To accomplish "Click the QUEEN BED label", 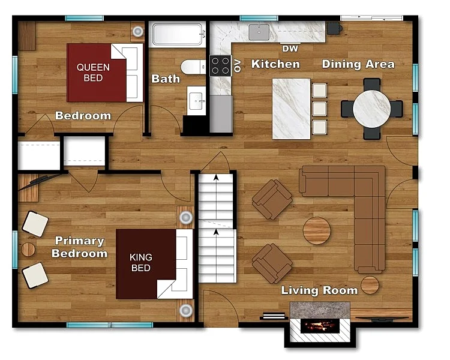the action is (93, 73).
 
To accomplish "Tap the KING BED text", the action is (140, 262).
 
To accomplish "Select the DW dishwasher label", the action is (290, 49).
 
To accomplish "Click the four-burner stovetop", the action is (220, 65).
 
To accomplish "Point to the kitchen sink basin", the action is (259, 32).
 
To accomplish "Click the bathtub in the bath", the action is (178, 34).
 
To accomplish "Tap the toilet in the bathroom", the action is (193, 67).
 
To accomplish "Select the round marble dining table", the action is (371, 109).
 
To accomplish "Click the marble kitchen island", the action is (291, 109).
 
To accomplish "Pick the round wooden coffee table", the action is (317, 230).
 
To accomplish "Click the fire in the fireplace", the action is (320, 326).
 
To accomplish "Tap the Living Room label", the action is (319, 290).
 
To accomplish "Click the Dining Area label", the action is (358, 64).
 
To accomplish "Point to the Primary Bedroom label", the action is (79, 247).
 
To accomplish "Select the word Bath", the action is (166, 79).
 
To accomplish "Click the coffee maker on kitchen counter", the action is (334, 28).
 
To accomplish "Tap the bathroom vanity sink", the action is (197, 100).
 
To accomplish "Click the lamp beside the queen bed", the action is (137, 31).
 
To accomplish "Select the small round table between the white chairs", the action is (28, 250).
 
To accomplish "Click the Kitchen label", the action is (275, 64).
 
